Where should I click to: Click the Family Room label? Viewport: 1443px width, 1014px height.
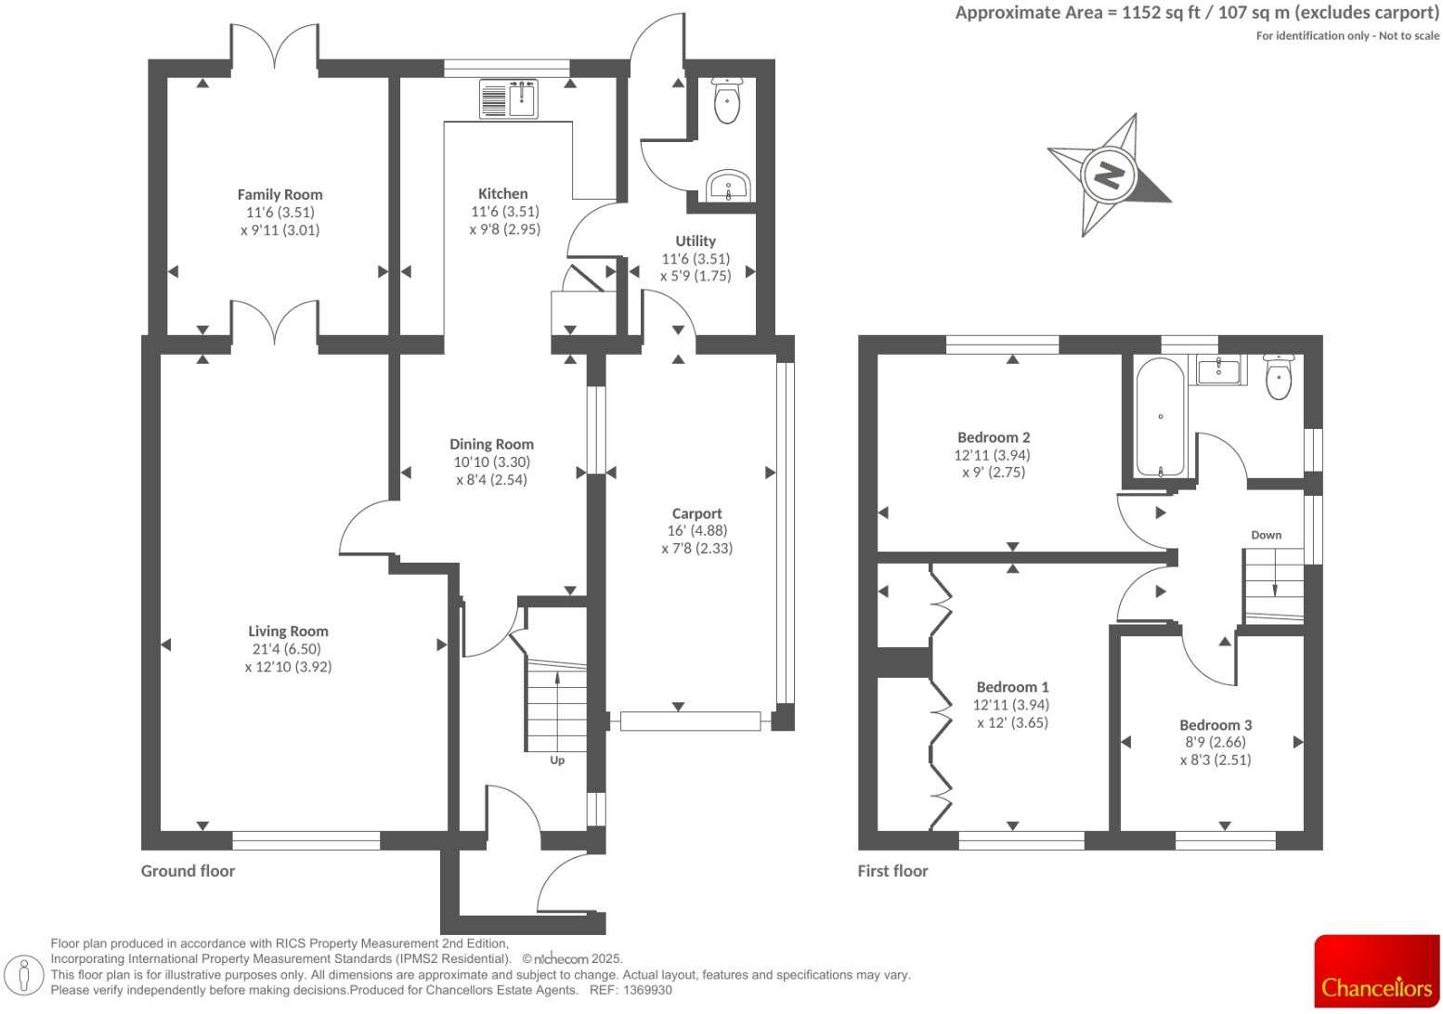(x=279, y=195)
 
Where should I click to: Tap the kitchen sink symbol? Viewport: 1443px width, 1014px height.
(x=508, y=98)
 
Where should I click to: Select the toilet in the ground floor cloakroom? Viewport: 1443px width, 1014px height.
(x=726, y=101)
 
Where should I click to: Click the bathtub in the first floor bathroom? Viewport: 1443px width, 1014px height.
(x=1160, y=417)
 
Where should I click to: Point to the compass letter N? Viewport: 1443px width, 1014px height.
(x=1108, y=175)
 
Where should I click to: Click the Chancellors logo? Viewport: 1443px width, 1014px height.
(x=1376, y=970)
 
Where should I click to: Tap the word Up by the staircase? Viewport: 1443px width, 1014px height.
(x=557, y=760)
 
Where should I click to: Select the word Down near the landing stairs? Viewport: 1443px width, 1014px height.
(x=1266, y=535)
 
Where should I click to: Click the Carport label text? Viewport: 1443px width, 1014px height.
(x=696, y=513)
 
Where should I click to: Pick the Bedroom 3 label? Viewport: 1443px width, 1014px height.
(x=1215, y=725)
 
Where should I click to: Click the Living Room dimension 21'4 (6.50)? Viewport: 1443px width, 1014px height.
(x=288, y=649)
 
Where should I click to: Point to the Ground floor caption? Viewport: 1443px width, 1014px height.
(x=188, y=871)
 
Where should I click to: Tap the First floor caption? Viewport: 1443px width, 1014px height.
(x=892, y=871)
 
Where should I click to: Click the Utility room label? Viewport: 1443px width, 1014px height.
(x=695, y=241)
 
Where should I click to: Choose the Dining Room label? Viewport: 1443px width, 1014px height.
(x=491, y=445)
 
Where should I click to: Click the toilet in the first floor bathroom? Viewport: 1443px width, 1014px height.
(x=1279, y=377)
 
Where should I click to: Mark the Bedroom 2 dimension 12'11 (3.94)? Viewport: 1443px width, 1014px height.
(x=992, y=455)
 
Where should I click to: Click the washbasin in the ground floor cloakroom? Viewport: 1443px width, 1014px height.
(x=728, y=186)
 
